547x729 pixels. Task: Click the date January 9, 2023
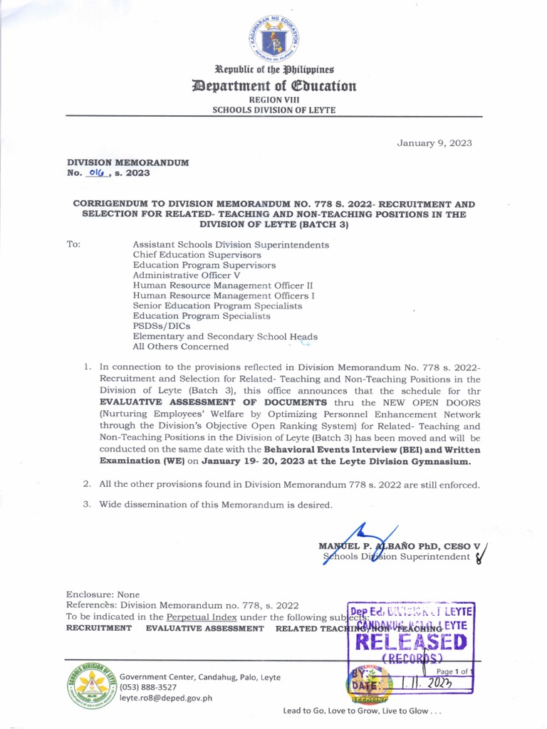[434, 143]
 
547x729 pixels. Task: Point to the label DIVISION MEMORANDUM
[127, 162]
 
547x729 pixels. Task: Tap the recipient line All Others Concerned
[181, 347]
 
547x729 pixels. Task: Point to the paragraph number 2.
[86, 485]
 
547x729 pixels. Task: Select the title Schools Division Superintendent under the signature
[397, 557]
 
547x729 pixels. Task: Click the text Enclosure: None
[103, 594]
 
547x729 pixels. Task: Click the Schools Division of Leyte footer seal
[90, 688]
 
